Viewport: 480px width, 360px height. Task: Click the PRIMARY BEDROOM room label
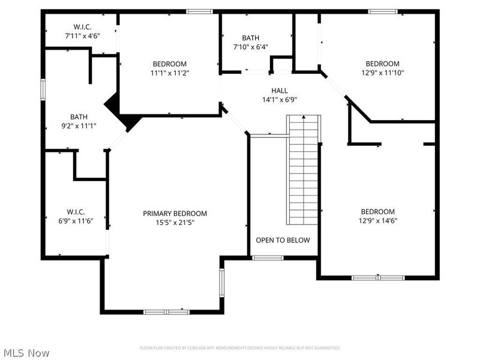click(175, 214)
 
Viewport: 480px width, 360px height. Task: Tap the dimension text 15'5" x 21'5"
click(175, 223)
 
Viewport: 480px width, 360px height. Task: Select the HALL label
click(271, 91)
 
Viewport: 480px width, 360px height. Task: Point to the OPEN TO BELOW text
click(283, 241)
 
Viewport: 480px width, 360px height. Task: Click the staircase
click(303, 171)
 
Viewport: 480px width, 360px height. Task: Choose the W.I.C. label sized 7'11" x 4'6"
click(82, 27)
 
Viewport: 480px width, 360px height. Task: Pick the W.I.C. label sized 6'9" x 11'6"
click(76, 212)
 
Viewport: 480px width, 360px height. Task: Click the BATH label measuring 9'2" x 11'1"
click(79, 117)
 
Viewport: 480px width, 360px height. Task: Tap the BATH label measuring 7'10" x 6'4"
click(250, 38)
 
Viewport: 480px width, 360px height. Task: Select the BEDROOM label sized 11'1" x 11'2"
click(169, 64)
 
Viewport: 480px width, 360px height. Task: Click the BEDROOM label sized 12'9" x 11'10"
click(382, 64)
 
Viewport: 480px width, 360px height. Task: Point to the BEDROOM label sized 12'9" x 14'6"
click(377, 212)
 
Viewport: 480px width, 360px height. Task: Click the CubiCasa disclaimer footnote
click(240, 348)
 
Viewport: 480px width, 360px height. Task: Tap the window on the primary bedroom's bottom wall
click(166, 311)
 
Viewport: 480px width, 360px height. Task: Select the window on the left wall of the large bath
click(43, 89)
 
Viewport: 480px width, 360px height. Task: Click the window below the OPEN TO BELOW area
click(267, 258)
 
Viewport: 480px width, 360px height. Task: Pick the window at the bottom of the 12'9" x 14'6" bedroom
click(370, 277)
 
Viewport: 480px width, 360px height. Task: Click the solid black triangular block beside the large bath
click(123, 113)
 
